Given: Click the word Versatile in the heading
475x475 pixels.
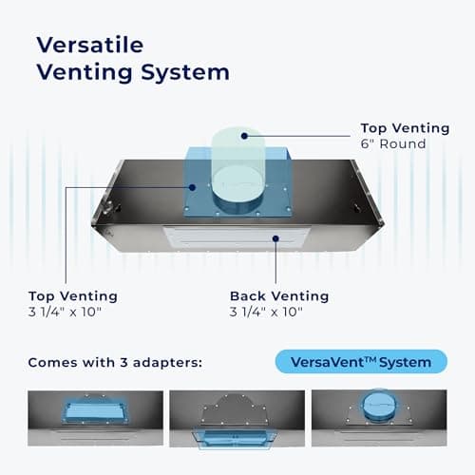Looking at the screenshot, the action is [90, 45].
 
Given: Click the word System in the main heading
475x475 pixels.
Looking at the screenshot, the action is [185, 73].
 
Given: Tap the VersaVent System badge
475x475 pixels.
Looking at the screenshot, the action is [361, 362].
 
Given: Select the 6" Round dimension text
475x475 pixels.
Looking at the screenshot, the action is [393, 144].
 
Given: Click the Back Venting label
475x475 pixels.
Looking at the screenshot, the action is [279, 296].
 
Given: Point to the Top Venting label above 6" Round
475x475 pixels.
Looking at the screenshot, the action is [405, 128].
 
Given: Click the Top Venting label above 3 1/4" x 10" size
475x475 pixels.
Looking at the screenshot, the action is [73, 296].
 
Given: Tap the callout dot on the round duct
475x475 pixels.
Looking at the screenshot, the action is [244, 136].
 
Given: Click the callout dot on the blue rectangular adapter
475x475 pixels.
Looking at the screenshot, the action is [192, 187].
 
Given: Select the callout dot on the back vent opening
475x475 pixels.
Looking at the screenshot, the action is [275, 238].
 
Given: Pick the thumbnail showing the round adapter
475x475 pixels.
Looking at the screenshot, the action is [379, 418].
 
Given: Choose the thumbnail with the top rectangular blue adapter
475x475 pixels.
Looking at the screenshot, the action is [95, 418].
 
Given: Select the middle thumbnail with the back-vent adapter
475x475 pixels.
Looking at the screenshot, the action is [237, 419].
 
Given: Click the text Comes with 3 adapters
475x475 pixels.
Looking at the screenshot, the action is [115, 363].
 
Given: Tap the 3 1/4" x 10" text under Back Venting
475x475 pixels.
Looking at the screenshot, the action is [266, 313].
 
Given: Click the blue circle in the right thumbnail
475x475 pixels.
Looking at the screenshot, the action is [379, 406].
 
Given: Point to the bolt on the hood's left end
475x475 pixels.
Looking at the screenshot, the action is [108, 206].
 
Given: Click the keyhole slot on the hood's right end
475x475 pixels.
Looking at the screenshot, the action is [358, 208].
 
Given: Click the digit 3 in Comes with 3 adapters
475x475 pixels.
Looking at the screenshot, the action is [123, 363].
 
